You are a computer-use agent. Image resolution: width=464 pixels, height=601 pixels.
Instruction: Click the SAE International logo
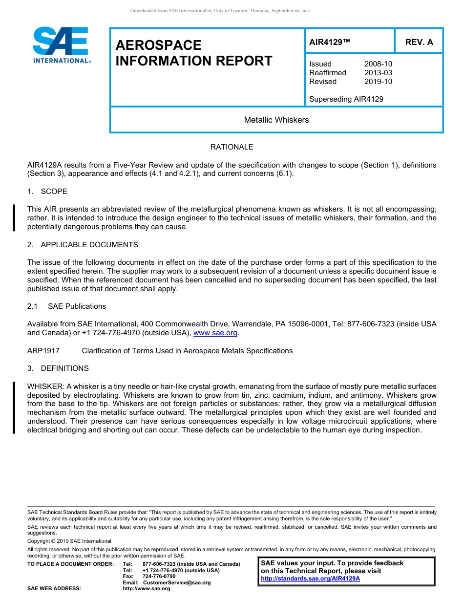pos(61,45)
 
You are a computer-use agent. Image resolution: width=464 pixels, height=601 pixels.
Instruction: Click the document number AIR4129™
pos(330,42)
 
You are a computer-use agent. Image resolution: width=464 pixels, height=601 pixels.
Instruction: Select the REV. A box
pos(419,42)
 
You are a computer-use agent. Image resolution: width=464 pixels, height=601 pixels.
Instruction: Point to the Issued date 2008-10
pos(378,64)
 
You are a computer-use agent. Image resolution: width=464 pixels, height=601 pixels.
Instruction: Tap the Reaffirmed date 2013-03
pos(378,73)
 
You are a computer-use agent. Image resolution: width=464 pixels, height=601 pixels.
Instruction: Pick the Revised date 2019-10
pos(378,82)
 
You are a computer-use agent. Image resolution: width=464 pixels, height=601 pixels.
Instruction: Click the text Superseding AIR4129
pos(346,99)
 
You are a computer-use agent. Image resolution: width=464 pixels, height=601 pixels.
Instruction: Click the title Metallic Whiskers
pos(276,120)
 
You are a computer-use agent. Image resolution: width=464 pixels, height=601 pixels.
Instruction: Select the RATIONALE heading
pos(232,147)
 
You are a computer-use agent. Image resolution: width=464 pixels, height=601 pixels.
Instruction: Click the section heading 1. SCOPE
pos(47,192)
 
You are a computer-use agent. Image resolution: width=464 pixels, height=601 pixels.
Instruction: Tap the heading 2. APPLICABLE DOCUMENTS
pos(83,245)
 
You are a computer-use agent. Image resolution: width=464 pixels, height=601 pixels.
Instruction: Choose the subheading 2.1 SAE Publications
pos(66,306)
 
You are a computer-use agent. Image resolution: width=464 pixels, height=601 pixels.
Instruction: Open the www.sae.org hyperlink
pos(215,333)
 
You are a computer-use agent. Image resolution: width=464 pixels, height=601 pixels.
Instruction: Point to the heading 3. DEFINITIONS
pos(58,368)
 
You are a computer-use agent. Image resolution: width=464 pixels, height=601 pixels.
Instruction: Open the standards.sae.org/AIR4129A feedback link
pos(310,579)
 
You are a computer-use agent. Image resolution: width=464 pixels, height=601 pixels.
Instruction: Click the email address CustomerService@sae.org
pos(176,582)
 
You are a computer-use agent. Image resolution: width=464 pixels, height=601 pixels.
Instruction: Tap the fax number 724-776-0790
pos(159,577)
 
